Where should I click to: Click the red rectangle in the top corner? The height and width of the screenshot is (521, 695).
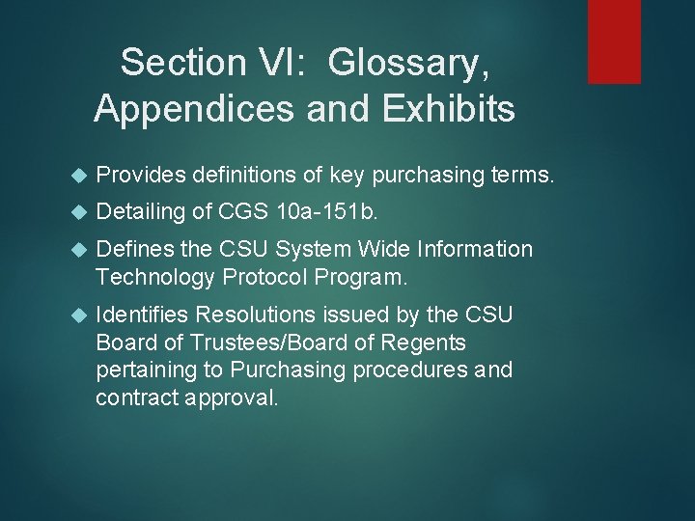615,41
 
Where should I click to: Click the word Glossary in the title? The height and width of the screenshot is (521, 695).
408,63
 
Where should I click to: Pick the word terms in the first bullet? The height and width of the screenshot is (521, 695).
518,175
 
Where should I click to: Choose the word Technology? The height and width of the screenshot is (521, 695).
156,278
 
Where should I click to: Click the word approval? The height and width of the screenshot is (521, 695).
233,398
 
